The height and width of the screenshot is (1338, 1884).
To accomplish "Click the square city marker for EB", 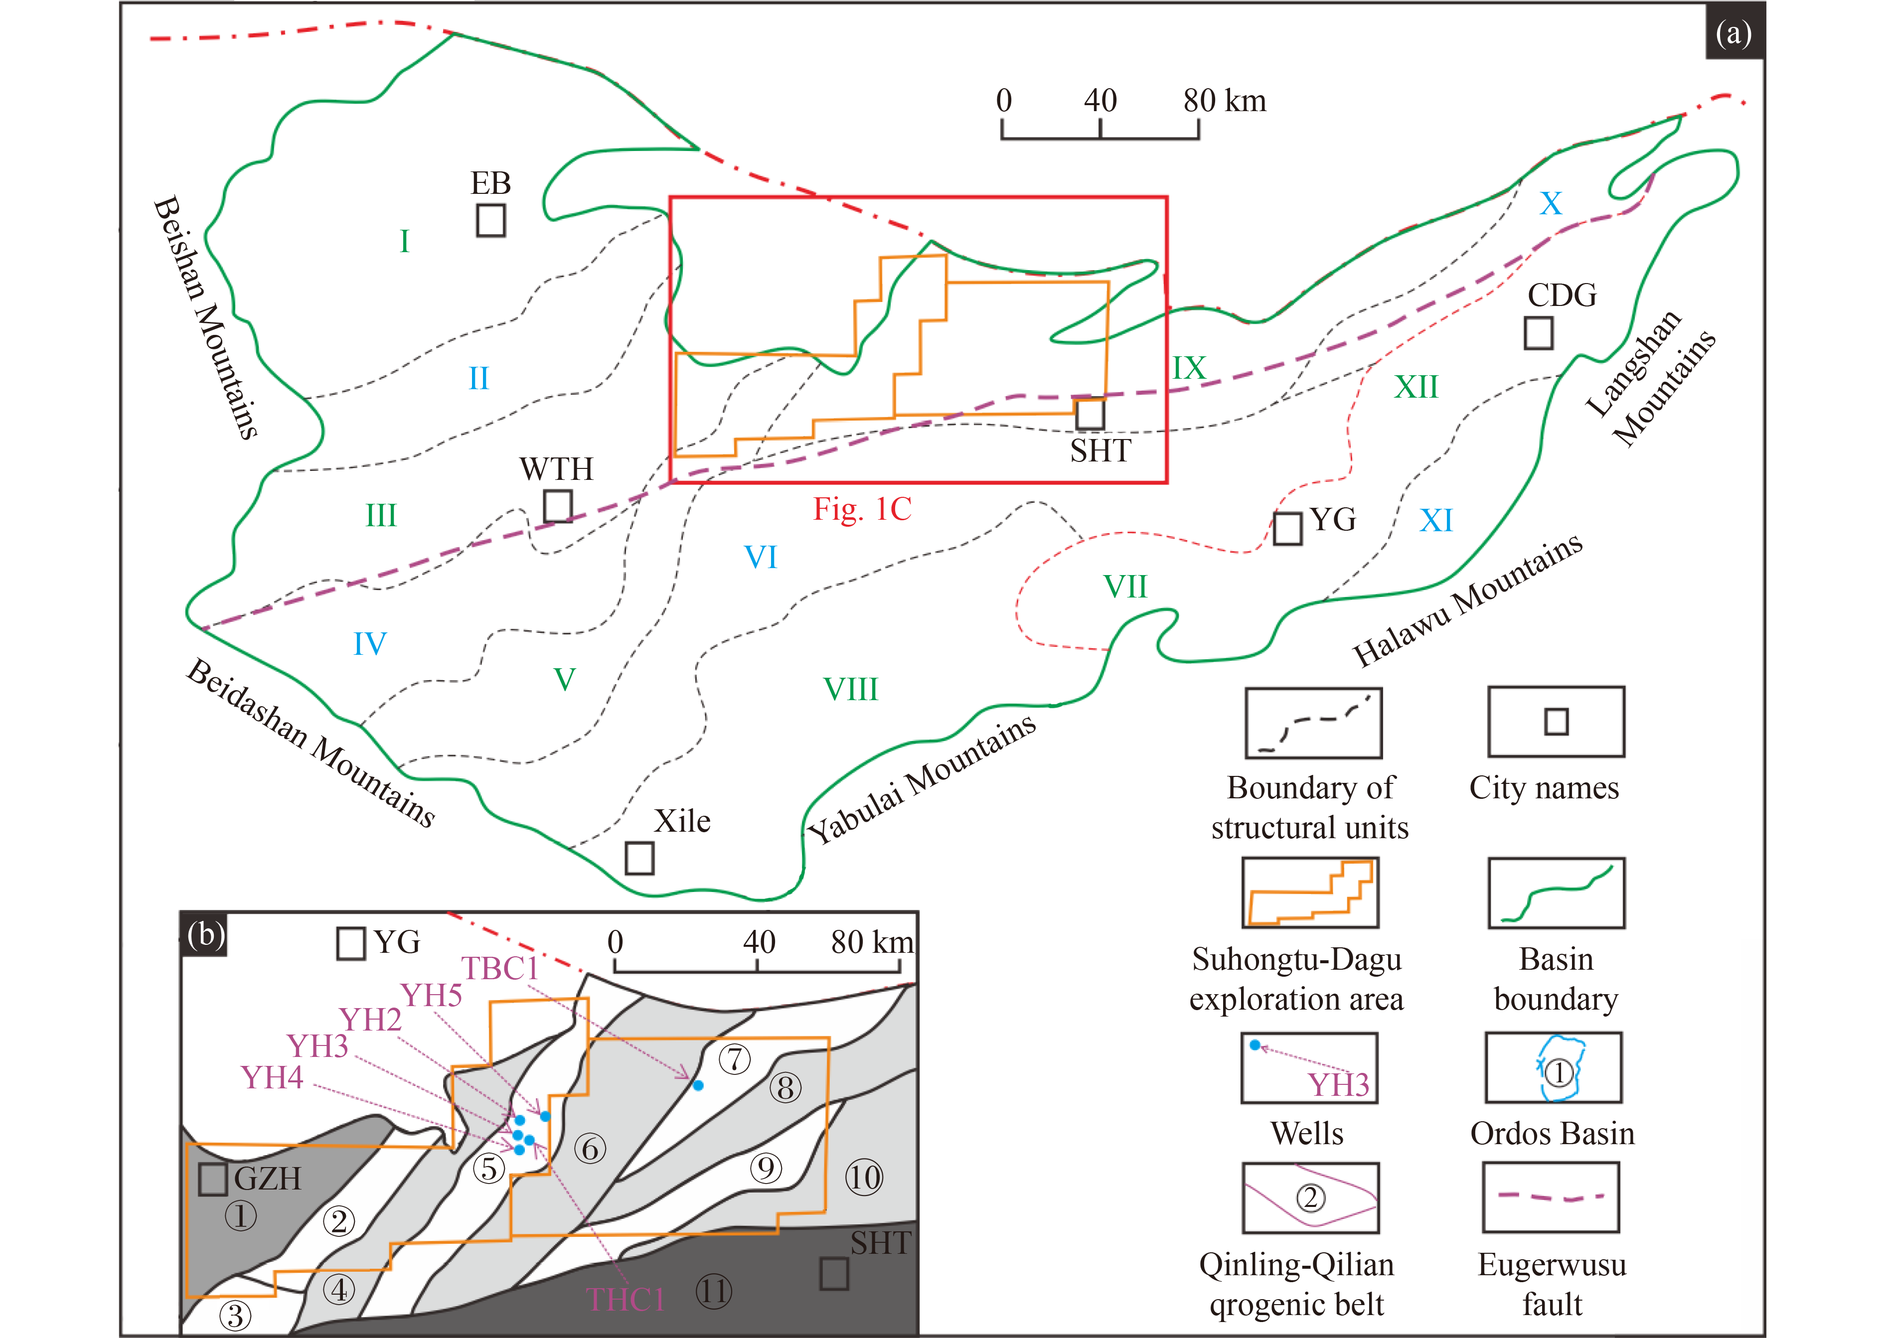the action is point(491,221).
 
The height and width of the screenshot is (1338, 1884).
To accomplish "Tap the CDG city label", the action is point(1562,295).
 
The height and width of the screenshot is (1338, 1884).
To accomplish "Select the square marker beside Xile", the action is point(639,859).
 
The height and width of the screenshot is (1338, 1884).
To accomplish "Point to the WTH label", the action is point(556,469).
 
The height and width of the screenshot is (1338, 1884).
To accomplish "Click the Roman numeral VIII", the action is point(851,689).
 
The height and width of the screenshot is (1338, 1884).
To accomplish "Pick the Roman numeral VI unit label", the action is point(761,557).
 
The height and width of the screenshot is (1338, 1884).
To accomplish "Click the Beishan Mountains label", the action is point(206,317).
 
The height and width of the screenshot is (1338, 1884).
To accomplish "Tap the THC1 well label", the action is point(625,1299).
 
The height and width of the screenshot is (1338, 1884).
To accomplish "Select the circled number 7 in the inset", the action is point(735,1059).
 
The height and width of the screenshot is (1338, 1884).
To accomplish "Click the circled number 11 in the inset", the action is point(713,1291).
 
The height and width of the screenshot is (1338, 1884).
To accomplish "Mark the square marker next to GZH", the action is point(213,1179).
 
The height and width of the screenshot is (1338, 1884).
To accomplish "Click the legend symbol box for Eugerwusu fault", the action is point(1551,1197).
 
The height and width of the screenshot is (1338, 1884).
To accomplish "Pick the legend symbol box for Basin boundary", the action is point(1556,893).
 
